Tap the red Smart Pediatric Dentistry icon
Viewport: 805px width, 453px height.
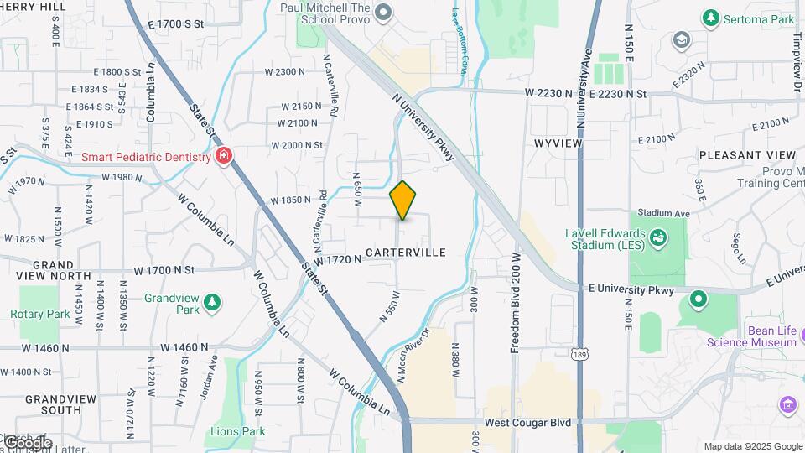click(224, 156)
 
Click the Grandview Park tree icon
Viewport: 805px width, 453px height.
click(213, 300)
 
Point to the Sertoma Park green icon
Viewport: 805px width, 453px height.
click(711, 17)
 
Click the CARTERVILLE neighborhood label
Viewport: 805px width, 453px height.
click(405, 252)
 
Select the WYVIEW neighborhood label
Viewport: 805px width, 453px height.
click(558, 143)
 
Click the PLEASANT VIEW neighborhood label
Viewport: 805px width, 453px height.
click(747, 155)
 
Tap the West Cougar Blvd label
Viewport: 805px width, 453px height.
click(520, 419)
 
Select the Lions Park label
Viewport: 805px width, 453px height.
click(237, 431)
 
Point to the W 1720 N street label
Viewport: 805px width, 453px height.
click(338, 259)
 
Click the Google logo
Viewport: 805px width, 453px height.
click(28, 442)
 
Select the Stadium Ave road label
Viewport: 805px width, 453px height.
click(663, 213)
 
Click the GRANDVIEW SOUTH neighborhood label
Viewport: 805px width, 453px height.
click(53, 404)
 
